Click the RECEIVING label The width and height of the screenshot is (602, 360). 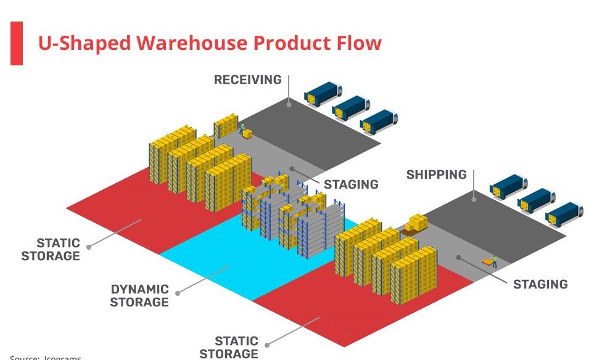247,80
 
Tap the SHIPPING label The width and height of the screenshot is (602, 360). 436,174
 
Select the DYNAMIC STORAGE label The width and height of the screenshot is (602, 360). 139,295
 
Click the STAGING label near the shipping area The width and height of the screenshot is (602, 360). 540,284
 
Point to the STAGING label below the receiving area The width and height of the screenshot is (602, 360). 351,184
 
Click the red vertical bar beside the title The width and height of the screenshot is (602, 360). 17,43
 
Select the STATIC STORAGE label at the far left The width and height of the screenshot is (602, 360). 51,249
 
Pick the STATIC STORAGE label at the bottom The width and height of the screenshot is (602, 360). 229,347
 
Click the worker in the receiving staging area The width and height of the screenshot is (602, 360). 241,129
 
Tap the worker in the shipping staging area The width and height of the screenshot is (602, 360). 494,261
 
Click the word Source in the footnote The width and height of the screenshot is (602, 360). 24,358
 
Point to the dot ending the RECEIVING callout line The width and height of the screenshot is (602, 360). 288,105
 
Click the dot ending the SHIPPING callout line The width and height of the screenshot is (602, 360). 474,199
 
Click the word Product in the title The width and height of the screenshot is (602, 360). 292,43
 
